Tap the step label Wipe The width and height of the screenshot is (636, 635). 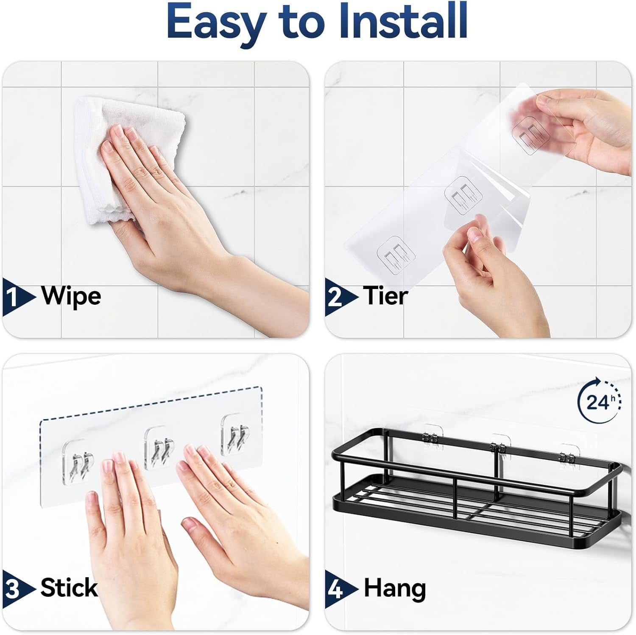point(71,295)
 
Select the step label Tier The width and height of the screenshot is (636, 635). point(385,295)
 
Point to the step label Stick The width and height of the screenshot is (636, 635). point(69,588)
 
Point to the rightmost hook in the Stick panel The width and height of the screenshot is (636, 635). point(235,437)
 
